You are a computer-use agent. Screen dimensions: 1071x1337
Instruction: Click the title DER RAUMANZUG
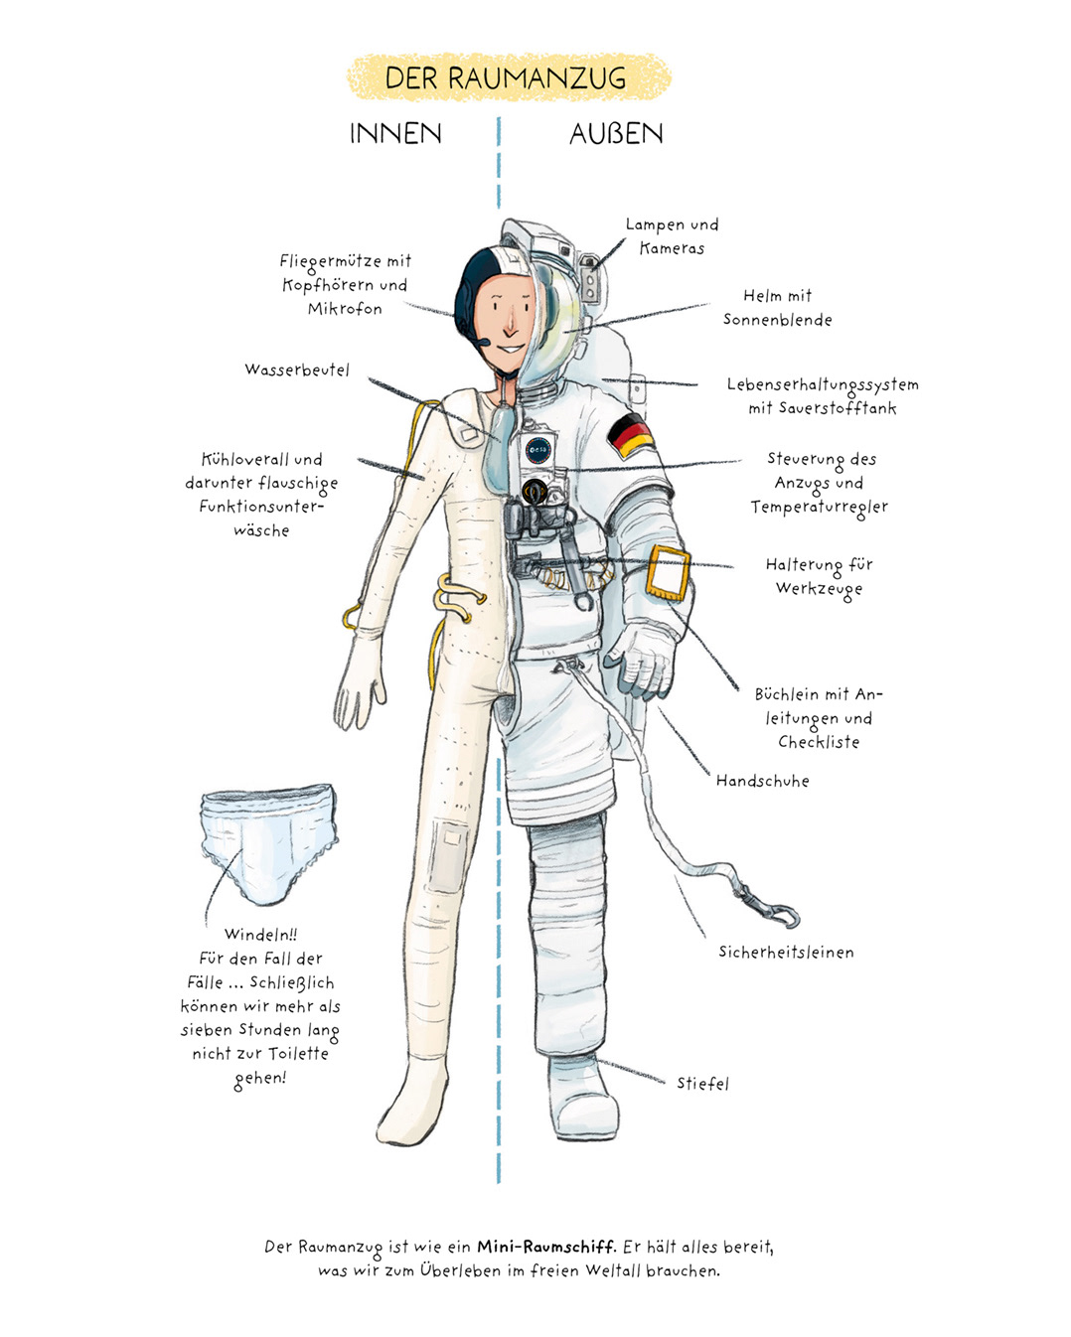506,78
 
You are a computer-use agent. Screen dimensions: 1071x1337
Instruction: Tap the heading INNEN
395,134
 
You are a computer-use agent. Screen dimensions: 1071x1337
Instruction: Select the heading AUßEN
616,134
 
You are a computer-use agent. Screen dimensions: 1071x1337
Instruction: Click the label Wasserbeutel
297,371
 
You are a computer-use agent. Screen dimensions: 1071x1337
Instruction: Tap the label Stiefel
702,1084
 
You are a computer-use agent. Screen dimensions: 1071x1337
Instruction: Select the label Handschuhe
762,781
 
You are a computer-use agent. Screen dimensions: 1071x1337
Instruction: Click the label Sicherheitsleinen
786,953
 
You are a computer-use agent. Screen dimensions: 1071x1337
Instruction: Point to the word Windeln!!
260,935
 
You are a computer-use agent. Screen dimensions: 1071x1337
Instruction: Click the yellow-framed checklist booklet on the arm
668,573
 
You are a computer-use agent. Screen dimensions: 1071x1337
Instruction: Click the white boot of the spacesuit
583,1098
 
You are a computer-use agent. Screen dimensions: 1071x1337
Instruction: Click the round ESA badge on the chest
536,450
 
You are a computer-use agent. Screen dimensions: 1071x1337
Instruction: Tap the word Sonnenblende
777,320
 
